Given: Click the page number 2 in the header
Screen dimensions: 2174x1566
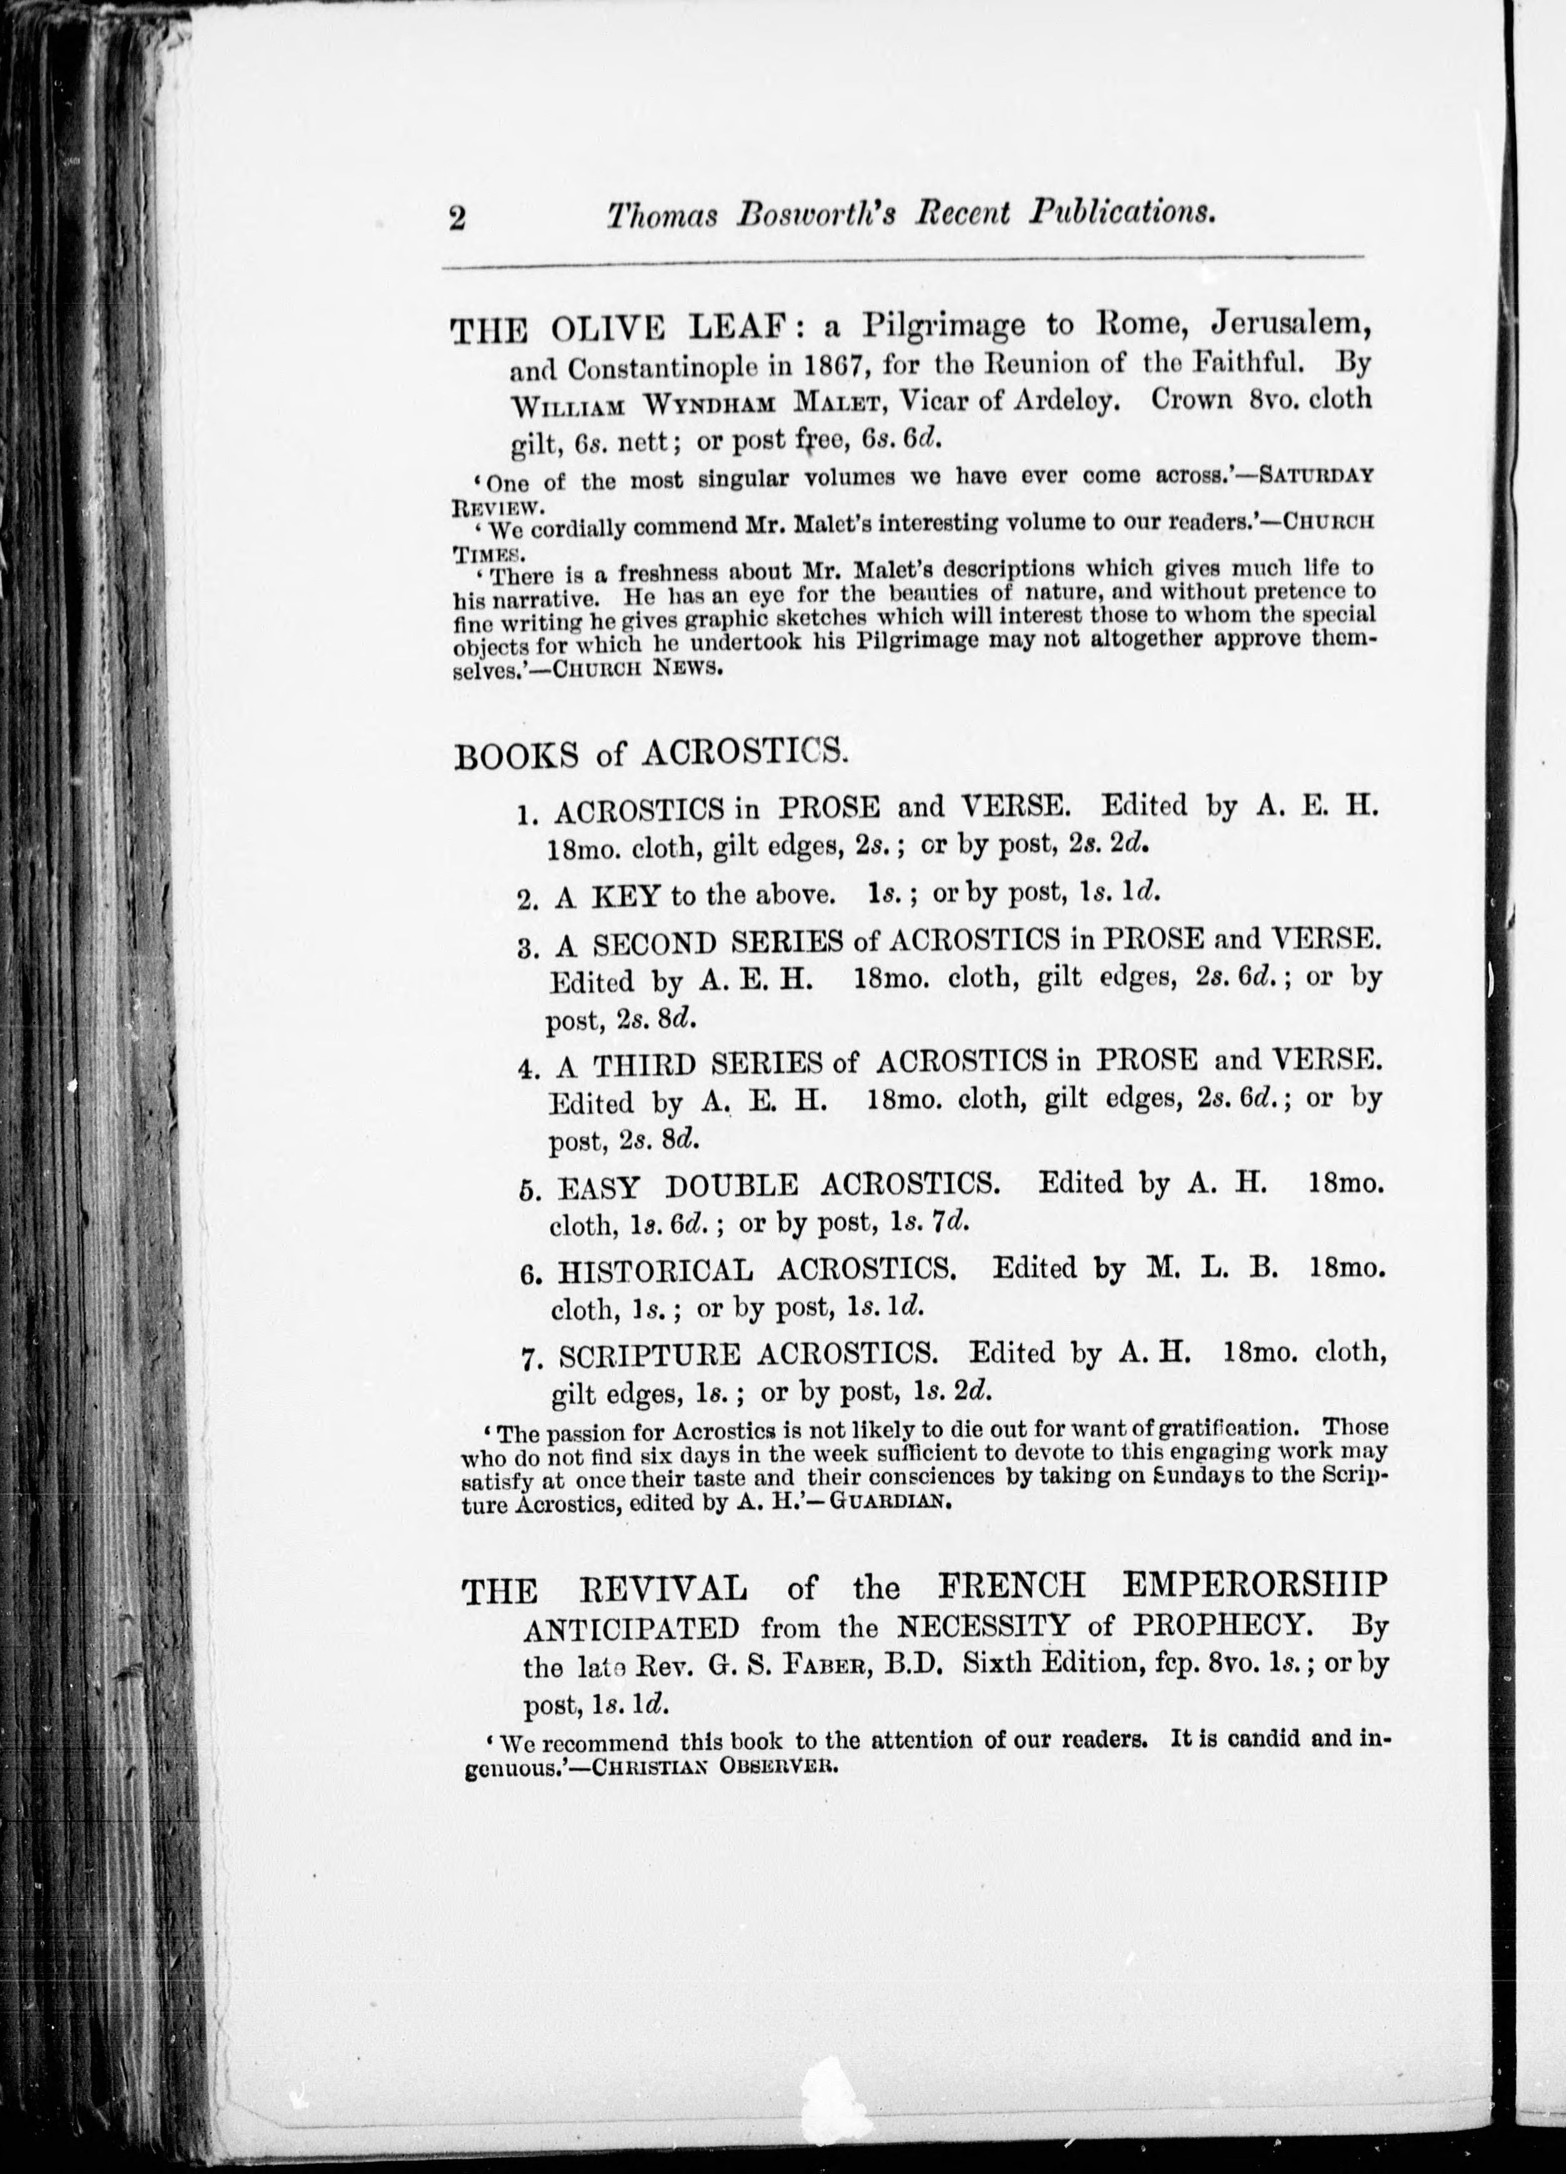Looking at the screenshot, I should tap(456, 218).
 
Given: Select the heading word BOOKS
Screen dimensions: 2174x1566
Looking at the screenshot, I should tap(516, 756).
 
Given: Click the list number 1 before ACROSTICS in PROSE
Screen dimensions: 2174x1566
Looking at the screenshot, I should tap(525, 815).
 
